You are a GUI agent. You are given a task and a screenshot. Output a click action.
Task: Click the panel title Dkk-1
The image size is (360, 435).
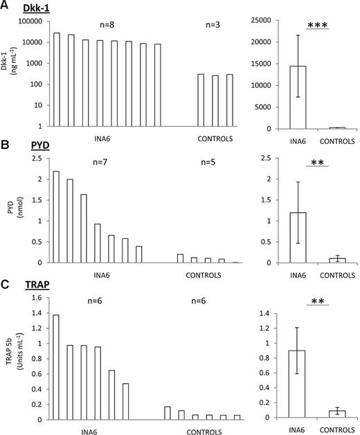pos(29,8)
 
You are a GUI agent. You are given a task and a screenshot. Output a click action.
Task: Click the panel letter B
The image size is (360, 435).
pos(6,147)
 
